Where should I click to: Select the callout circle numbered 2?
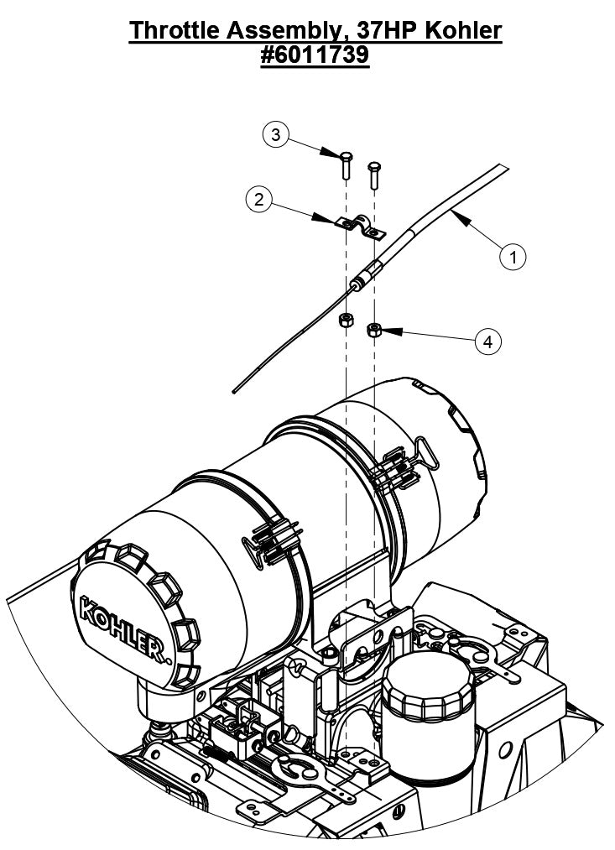[259, 199]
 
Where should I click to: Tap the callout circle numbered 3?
[276, 134]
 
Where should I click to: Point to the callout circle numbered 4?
[488, 341]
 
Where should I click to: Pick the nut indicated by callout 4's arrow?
[375, 329]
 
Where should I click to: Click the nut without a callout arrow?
[344, 321]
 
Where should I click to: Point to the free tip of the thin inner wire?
[234, 389]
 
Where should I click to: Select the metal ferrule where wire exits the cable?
[359, 284]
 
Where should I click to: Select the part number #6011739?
[315, 55]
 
